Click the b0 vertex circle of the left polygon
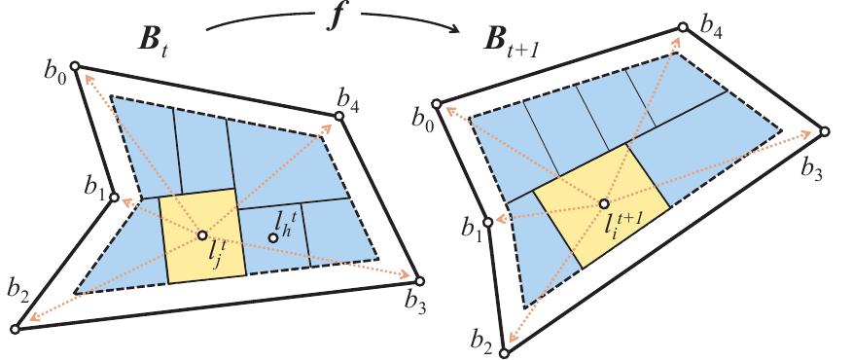[x=75, y=67]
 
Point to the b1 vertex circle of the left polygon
[x=114, y=198]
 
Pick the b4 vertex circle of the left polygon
[x=339, y=117]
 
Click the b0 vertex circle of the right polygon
[x=437, y=103]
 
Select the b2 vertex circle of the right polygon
[x=504, y=352]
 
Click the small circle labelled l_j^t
[x=202, y=234]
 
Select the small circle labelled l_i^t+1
[x=603, y=203]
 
